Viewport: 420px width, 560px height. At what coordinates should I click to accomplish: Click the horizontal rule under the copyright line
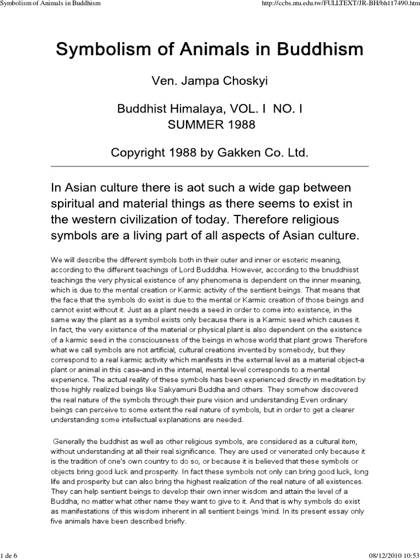(210, 166)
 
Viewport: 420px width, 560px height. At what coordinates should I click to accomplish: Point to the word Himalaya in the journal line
(188, 109)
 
